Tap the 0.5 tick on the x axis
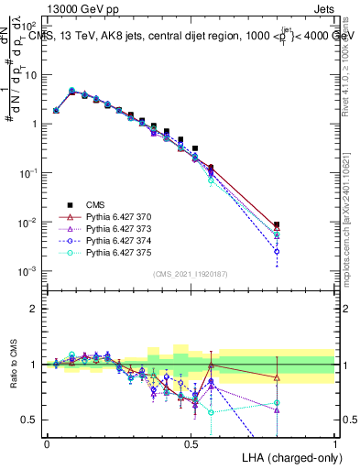[x=191, y=442]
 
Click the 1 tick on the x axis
[x=335, y=442]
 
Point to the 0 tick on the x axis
[x=47, y=442]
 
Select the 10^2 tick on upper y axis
[x=31, y=25]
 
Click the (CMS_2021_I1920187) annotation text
[x=191, y=274]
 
